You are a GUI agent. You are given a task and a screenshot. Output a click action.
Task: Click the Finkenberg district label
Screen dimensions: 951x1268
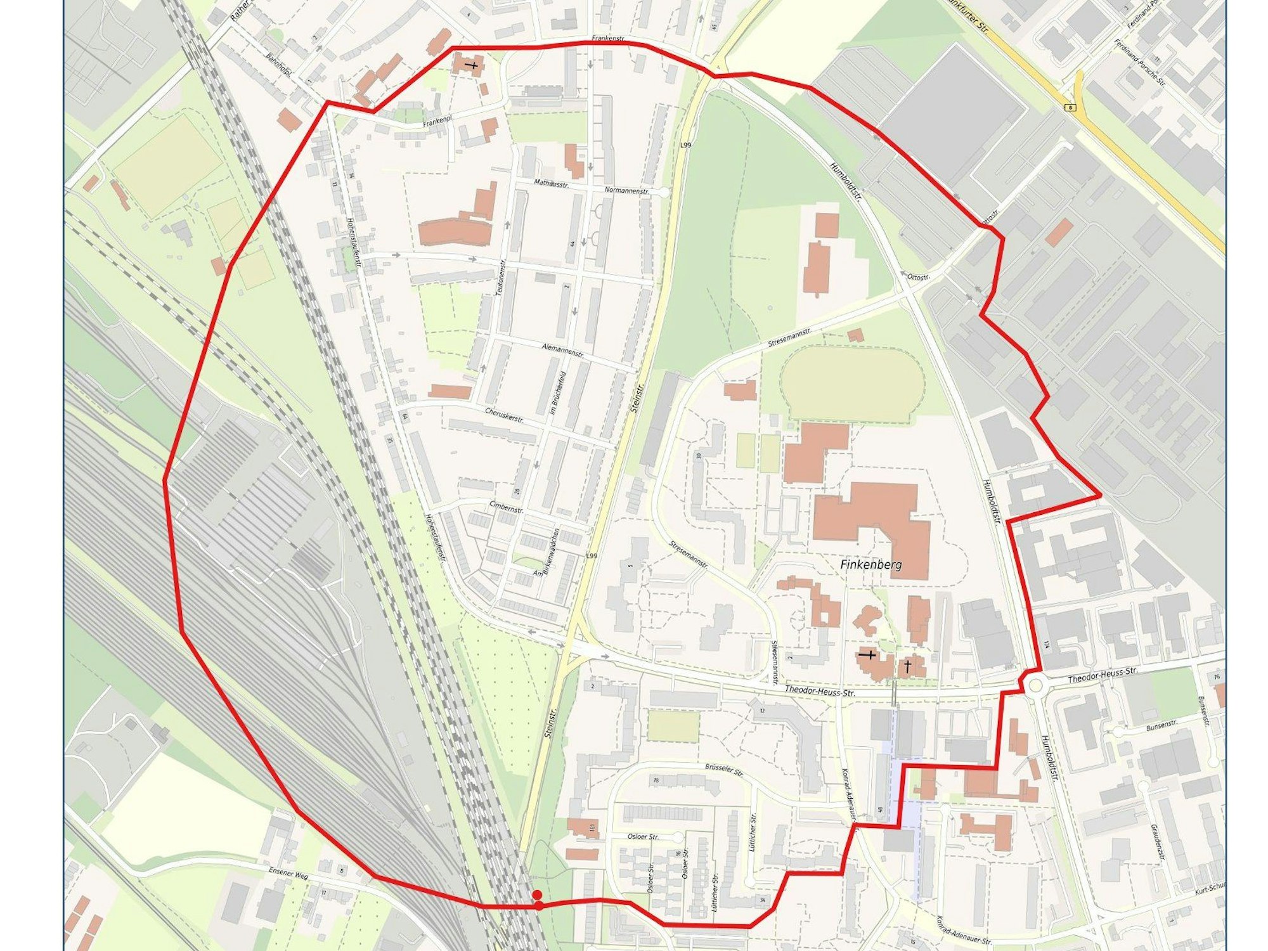coord(870,564)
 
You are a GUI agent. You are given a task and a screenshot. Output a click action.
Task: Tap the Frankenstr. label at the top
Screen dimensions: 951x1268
coord(608,39)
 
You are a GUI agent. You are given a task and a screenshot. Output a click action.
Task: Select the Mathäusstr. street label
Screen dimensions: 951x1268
coord(552,184)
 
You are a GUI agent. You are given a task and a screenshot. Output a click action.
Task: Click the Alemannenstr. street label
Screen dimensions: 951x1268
coord(563,350)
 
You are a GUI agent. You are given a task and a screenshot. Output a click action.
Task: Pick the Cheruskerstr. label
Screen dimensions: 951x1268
coord(504,415)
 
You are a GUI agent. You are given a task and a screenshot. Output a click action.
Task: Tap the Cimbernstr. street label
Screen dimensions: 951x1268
coord(506,509)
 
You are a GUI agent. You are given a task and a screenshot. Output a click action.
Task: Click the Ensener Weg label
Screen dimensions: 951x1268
coord(288,875)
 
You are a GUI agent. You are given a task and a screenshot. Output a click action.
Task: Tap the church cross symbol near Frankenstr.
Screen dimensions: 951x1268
coord(472,65)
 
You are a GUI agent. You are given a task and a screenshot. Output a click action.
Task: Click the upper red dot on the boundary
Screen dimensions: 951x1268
coord(537,894)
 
